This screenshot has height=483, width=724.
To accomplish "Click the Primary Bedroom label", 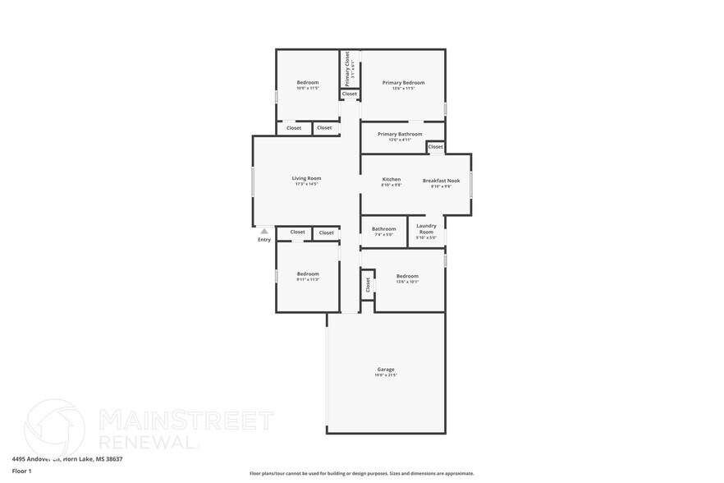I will point(403,82).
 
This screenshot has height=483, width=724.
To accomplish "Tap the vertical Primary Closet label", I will point(348,69).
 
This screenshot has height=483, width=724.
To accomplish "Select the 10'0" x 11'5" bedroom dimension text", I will point(307,88).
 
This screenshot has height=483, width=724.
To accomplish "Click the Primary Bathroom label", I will point(400,134).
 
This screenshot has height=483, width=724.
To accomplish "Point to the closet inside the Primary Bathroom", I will point(435,147).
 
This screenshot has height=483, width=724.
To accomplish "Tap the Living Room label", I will point(306,178).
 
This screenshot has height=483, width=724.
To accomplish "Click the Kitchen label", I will point(392,179).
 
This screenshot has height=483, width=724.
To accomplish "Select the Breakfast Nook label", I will point(441,180).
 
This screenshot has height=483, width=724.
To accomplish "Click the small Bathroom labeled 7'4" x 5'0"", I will point(383,229).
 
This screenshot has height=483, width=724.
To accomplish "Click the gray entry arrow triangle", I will point(264,232).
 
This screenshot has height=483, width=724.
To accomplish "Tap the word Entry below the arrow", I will point(264,240).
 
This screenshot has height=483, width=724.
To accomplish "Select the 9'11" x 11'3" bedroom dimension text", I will point(308,280).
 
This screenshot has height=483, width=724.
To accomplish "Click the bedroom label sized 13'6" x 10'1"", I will point(407,276).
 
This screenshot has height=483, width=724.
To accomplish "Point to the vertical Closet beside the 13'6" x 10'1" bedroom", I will point(367,284).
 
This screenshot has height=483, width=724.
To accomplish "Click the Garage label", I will point(386,370).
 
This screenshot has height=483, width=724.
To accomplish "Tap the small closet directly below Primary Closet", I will point(350,94).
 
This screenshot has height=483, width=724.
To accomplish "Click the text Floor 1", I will point(21,471).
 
